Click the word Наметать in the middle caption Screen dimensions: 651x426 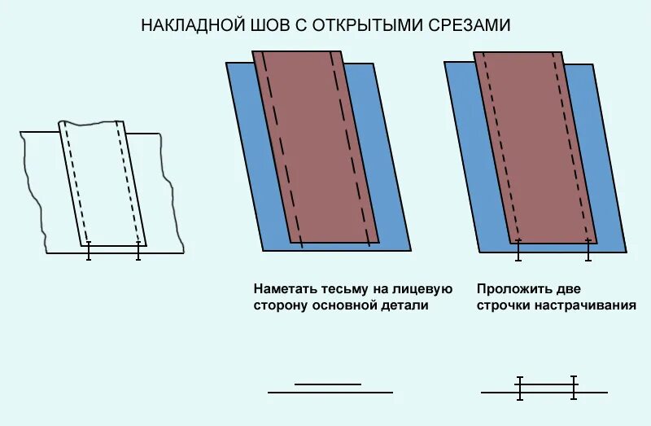(x=282, y=289)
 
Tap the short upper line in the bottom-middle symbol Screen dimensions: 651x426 (x=327, y=384)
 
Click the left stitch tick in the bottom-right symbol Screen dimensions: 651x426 (x=520, y=388)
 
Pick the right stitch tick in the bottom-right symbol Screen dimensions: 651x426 (x=574, y=388)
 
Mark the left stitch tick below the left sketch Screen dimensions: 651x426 (x=89, y=251)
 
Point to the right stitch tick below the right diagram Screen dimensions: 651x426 (x=588, y=250)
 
